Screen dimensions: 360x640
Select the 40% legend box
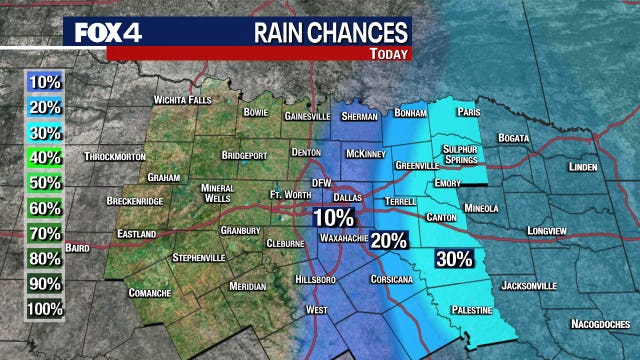coord(45,156)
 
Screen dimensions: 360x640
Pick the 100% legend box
coord(45,310)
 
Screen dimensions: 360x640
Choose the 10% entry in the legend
coord(45,80)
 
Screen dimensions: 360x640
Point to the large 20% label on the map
coord(389,240)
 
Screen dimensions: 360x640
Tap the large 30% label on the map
coord(454,259)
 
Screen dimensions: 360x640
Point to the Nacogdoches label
coord(602,323)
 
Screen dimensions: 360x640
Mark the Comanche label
coord(148,293)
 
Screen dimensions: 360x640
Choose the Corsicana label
coord(391,279)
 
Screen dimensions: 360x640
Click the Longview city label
coord(550,230)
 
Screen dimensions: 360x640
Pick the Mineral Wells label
coord(217,190)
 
